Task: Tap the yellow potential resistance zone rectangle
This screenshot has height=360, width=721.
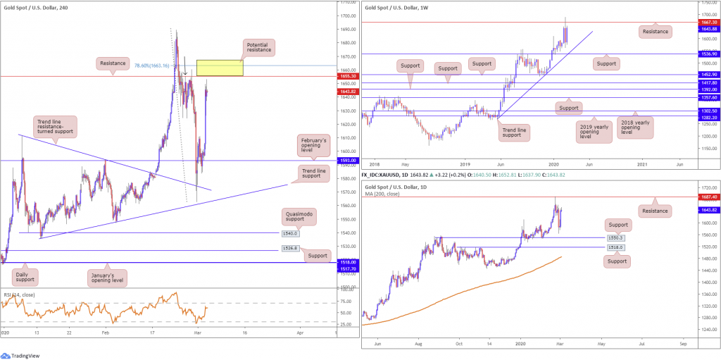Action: tap(220, 68)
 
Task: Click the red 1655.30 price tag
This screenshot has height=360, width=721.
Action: tap(346, 76)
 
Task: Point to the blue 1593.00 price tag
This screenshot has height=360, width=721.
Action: tap(346, 160)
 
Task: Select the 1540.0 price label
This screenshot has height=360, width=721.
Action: tap(291, 233)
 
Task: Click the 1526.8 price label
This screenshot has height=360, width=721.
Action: tap(291, 249)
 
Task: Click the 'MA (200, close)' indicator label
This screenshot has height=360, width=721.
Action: tap(386, 185)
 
